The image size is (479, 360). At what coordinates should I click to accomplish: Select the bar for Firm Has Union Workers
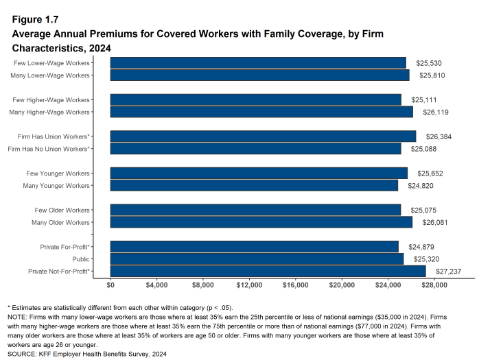click(263, 136)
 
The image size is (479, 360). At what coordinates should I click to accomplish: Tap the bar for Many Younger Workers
click(254, 186)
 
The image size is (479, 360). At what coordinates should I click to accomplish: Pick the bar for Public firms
click(257, 259)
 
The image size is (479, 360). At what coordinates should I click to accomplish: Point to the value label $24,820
click(419, 186)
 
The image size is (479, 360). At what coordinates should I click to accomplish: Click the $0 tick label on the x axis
click(111, 285)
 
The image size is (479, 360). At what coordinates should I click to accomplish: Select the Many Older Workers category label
click(61, 223)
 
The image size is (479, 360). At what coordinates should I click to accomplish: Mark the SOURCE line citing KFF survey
click(87, 355)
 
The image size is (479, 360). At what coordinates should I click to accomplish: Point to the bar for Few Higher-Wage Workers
click(255, 99)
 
